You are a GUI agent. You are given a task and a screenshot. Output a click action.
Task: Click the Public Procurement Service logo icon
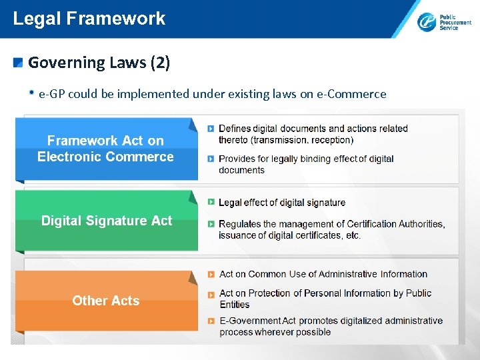coord(427,22)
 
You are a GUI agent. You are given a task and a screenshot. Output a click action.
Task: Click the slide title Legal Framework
coord(89,18)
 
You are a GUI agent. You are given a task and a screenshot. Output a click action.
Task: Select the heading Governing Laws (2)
coord(99,63)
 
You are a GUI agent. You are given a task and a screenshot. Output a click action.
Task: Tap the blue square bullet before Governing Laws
coord(19,63)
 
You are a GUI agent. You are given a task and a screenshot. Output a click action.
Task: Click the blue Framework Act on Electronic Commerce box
coord(105,149)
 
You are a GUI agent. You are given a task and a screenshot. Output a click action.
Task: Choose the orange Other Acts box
coord(106,301)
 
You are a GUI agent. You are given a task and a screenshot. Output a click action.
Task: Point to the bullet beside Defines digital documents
coord(211,128)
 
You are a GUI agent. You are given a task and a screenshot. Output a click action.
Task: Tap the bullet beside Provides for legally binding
coord(211,159)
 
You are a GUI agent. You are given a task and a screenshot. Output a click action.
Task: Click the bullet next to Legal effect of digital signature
coord(211,202)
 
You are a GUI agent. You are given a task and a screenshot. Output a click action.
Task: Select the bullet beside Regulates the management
coord(211,224)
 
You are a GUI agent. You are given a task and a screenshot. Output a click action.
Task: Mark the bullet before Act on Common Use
coord(211,274)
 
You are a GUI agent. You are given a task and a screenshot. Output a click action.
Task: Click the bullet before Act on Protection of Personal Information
coord(211,293)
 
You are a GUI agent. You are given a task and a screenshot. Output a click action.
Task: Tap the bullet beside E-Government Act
coord(211,321)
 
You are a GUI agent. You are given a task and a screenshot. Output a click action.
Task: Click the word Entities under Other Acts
coord(235,305)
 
